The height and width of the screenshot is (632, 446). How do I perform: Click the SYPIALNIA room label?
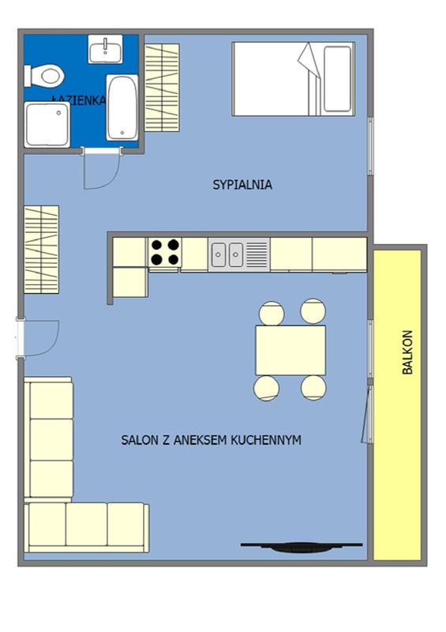[x=242, y=185]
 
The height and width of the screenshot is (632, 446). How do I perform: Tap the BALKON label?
[x=407, y=352]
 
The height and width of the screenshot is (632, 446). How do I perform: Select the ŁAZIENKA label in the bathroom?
[x=80, y=100]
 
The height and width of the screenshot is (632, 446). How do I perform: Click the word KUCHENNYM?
[x=266, y=439]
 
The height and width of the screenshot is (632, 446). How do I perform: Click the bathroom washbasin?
[x=105, y=49]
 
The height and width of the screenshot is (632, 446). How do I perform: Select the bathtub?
[x=122, y=107]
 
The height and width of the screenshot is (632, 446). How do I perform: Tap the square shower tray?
[x=47, y=125]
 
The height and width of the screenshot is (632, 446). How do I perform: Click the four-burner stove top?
[x=165, y=253]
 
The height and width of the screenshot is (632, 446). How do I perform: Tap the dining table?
[x=290, y=350]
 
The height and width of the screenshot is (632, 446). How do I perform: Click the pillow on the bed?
[x=337, y=79]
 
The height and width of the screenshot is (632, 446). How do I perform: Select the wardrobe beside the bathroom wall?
[x=162, y=88]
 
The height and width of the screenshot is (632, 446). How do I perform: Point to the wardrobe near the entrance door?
[x=42, y=250]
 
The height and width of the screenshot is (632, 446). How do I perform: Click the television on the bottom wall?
[x=302, y=547]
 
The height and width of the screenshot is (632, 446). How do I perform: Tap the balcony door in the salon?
[x=368, y=414]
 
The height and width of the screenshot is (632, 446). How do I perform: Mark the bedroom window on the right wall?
[x=370, y=146]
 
